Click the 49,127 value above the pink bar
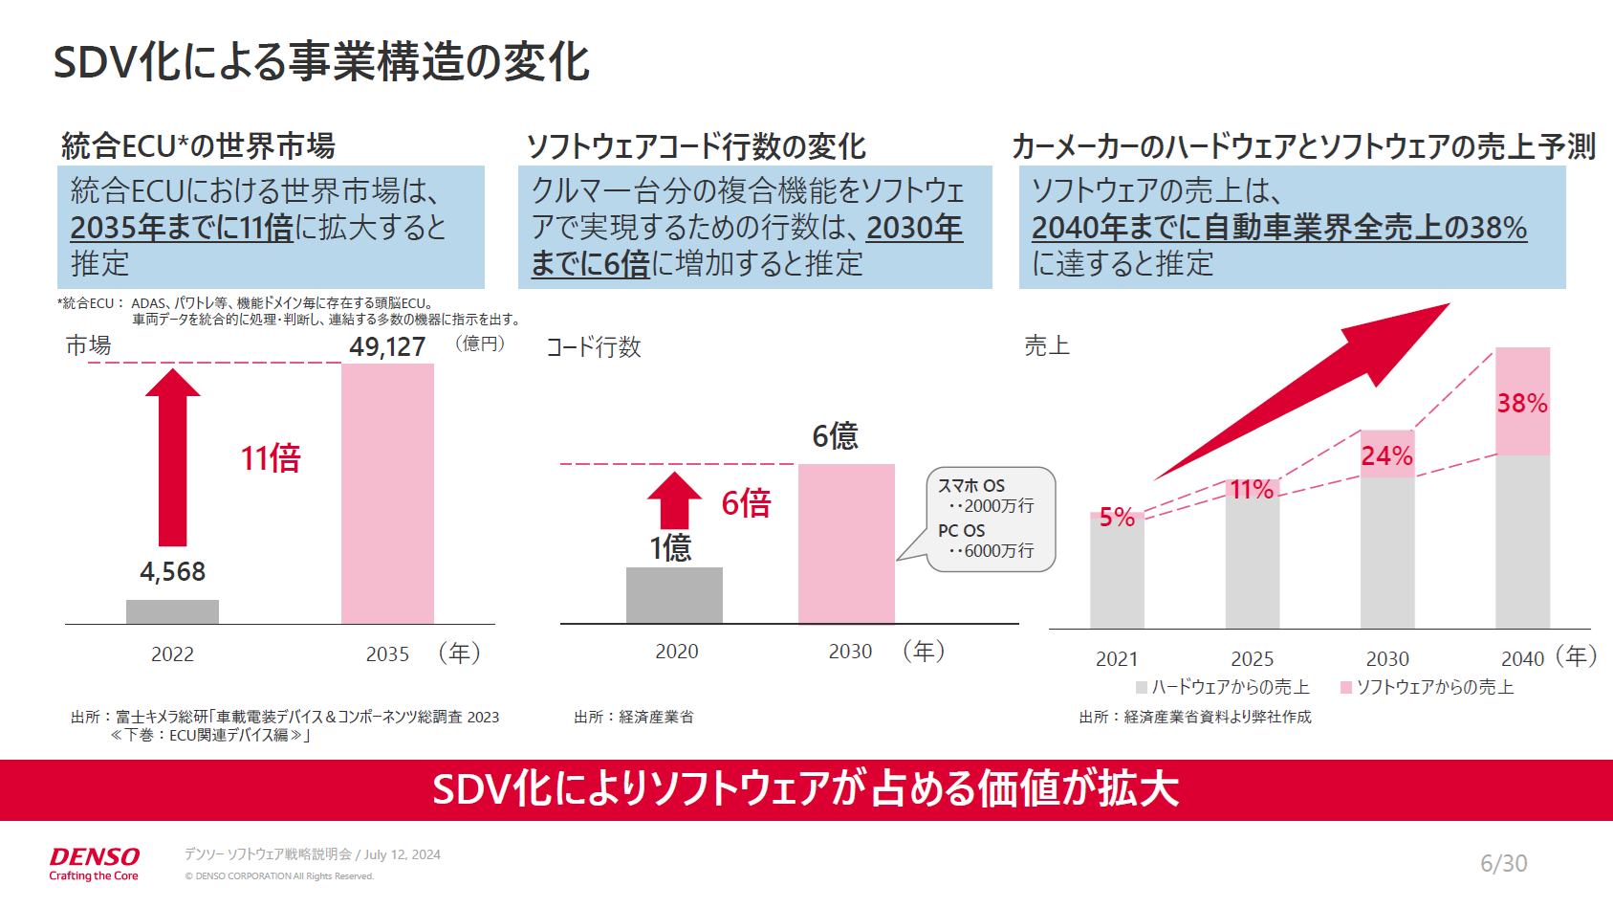pyautogui.click(x=387, y=346)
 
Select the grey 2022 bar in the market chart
pyautogui.click(x=172, y=611)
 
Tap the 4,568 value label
pyautogui.click(x=172, y=571)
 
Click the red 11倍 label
pyautogui.click(x=271, y=458)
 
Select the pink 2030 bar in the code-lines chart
pyautogui.click(x=846, y=543)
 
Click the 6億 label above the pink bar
pyautogui.click(x=835, y=436)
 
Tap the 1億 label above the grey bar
pyautogui.click(x=670, y=548)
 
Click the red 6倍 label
pyautogui.click(x=746, y=503)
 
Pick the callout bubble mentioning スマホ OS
pyautogui.click(x=991, y=519)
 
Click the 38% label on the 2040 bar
pyautogui.click(x=1522, y=404)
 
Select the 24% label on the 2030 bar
pyautogui.click(x=1386, y=455)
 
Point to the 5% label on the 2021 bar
pyautogui.click(x=1116, y=518)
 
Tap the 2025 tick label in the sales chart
pyautogui.click(x=1252, y=659)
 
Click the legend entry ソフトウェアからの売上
pyautogui.click(x=1428, y=687)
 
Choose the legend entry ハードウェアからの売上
pyautogui.click(x=1223, y=687)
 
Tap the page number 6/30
pyautogui.click(x=1503, y=863)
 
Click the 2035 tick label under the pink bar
pyautogui.click(x=387, y=654)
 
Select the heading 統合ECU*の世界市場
pyautogui.click(x=198, y=146)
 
